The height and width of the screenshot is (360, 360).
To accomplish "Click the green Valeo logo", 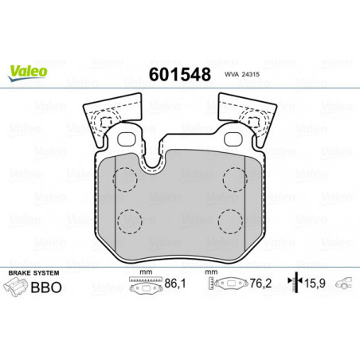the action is click(x=28, y=72).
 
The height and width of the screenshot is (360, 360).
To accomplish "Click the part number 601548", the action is click(x=180, y=74).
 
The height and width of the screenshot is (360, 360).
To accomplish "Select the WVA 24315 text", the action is click(x=242, y=74).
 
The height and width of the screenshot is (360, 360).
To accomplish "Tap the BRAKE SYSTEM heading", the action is click(x=33, y=273).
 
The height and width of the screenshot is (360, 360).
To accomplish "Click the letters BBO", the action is click(x=46, y=288).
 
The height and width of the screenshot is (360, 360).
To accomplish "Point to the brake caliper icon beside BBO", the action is click(x=15, y=287).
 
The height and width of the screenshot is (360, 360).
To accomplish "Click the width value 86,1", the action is click(x=175, y=284).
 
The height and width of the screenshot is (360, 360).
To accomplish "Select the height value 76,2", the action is click(x=260, y=284).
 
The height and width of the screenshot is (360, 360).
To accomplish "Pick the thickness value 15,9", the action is click(x=315, y=284).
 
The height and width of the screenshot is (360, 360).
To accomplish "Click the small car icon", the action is click(x=343, y=283).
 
